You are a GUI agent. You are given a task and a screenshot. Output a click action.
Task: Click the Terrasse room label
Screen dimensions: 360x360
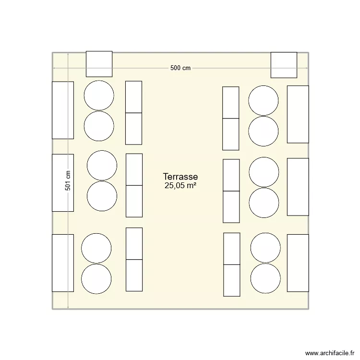pyautogui.click(x=180, y=177)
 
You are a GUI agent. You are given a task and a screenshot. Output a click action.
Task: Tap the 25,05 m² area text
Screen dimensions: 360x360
pyautogui.click(x=180, y=186)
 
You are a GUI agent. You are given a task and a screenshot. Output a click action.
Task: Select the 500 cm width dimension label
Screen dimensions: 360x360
pyautogui.click(x=180, y=68)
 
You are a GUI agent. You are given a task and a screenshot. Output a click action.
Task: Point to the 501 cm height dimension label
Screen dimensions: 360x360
pyautogui.click(x=68, y=181)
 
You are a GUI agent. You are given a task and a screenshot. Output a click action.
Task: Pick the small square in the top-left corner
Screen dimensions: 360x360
pyautogui.click(x=99, y=64)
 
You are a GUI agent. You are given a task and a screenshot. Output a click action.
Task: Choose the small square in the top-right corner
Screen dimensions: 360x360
pyautogui.click(x=284, y=65)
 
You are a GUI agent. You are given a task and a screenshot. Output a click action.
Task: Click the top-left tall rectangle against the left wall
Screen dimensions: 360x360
pyautogui.click(x=63, y=110)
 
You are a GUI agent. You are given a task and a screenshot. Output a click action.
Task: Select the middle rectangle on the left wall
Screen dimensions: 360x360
pyautogui.click(x=63, y=182)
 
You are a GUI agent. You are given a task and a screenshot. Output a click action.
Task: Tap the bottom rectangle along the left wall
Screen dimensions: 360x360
pyautogui.click(x=63, y=263)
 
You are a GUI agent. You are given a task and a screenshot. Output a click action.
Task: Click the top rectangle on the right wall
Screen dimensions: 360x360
pyautogui.click(x=298, y=114)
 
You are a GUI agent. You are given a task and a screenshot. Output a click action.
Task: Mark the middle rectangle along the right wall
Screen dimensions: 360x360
pyautogui.click(x=298, y=186)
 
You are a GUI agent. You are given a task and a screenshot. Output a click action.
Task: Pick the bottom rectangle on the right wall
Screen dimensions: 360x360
pyautogui.click(x=298, y=263)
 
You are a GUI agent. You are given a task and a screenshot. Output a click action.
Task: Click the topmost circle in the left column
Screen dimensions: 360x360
pyautogui.click(x=99, y=95)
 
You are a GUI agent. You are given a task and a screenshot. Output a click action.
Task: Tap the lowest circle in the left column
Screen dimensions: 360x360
pyautogui.click(x=96, y=278)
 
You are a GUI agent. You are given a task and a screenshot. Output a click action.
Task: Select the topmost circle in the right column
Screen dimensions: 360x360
pyautogui.click(x=264, y=100)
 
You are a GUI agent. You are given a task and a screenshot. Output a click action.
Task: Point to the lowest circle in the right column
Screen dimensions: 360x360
pyautogui.click(x=265, y=277)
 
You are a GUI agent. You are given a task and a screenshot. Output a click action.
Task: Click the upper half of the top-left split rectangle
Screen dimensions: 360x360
pyautogui.click(x=134, y=97)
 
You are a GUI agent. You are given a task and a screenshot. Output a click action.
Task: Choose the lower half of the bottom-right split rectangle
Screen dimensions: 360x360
pyautogui.click(x=231, y=280)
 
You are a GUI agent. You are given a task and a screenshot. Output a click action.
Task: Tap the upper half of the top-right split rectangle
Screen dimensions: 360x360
pyautogui.click(x=231, y=102)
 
